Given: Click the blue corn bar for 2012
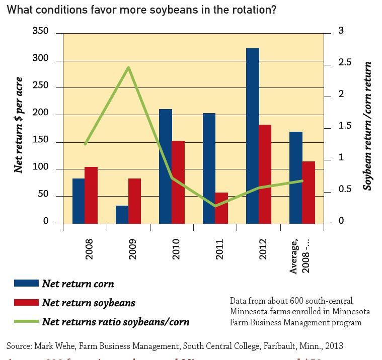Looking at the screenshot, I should tap(252, 136).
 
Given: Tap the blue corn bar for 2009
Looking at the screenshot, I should tap(122, 215).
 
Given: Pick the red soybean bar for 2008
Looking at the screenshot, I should tap(91, 195).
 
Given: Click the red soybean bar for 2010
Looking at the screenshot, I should tap(178, 182).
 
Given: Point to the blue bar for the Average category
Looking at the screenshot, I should tap(295, 177).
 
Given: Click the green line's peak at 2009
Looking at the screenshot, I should tap(129, 67).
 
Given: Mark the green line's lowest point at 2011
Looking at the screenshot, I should tap(215, 206).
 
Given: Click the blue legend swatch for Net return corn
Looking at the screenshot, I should tap(26, 283).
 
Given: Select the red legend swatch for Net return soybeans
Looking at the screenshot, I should tap(26, 302).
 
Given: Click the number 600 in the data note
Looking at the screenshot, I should tap(296, 301).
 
